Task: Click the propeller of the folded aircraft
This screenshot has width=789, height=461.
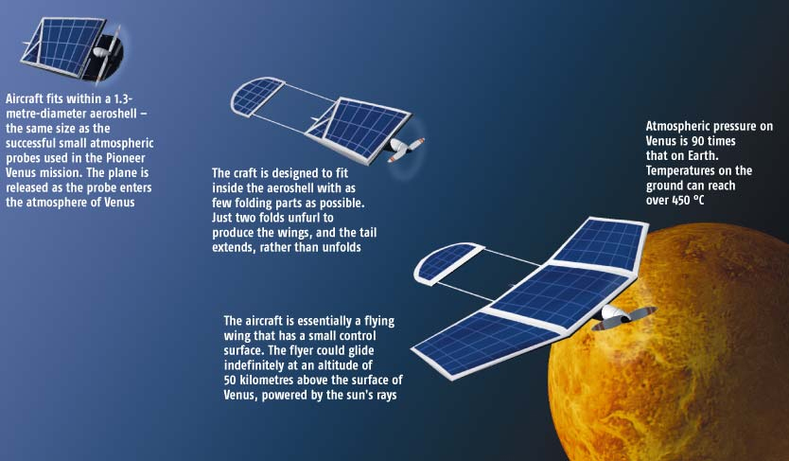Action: [x=107, y=52]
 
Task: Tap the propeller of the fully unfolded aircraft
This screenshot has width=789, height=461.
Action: [x=624, y=317]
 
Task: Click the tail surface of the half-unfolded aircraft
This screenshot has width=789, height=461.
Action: [x=256, y=96]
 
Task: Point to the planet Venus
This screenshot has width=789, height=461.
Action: [x=669, y=347]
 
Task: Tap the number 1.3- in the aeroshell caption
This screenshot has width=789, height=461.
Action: [x=122, y=98]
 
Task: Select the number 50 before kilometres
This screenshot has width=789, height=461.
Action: [x=231, y=380]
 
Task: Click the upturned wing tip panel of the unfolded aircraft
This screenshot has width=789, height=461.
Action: [x=599, y=241]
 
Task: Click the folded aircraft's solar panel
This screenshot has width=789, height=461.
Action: [x=61, y=45]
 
